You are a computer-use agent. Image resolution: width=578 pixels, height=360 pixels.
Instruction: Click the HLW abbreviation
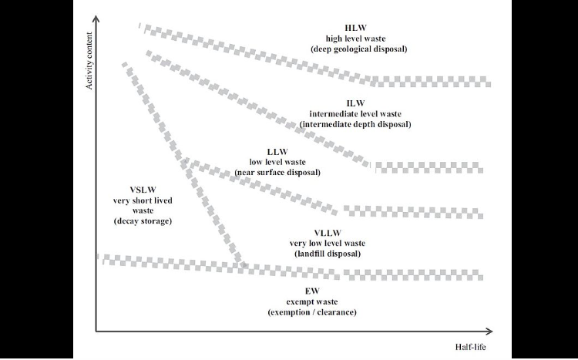pyautogui.click(x=356, y=28)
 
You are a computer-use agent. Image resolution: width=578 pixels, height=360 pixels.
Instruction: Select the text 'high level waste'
pyautogui.click(x=356, y=39)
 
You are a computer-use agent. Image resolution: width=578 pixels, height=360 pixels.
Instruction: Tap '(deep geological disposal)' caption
pyautogui.click(x=359, y=49)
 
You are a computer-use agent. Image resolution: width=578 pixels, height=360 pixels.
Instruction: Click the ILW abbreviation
pyautogui.click(x=355, y=103)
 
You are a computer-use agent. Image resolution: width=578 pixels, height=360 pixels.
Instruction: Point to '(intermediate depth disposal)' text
pyautogui.click(x=355, y=124)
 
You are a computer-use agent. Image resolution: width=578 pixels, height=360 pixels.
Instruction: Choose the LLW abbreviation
pyautogui.click(x=277, y=152)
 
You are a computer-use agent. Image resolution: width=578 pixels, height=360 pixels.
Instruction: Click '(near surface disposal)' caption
pyautogui.click(x=277, y=172)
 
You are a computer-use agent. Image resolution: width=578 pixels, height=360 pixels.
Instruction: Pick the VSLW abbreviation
pyautogui.click(x=143, y=190)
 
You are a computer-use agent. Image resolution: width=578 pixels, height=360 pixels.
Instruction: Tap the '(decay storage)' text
pyautogui.click(x=143, y=221)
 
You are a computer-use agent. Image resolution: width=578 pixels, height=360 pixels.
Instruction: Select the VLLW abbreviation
pyautogui.click(x=328, y=233)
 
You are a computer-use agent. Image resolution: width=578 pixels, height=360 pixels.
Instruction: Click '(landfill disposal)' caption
pyautogui.click(x=328, y=254)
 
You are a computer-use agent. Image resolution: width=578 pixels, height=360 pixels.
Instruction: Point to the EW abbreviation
pyautogui.click(x=312, y=291)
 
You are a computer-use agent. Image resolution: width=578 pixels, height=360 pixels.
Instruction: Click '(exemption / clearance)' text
pyautogui.click(x=312, y=312)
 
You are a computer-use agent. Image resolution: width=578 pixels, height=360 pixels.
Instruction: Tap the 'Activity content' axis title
pyautogui.click(x=89, y=61)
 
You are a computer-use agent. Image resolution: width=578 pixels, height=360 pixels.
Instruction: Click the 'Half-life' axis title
pyautogui.click(x=470, y=347)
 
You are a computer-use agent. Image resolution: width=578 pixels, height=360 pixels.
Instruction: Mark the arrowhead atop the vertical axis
pyautogui.click(x=96, y=19)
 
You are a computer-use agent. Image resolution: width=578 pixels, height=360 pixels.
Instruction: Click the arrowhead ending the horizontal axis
pyautogui.click(x=489, y=331)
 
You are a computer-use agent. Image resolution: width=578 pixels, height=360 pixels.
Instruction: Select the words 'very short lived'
pyautogui.click(x=143, y=200)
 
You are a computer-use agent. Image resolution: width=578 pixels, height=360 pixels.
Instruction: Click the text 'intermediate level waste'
pyautogui.click(x=355, y=114)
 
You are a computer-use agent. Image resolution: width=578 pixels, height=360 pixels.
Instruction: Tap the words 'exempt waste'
pyautogui.click(x=312, y=301)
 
